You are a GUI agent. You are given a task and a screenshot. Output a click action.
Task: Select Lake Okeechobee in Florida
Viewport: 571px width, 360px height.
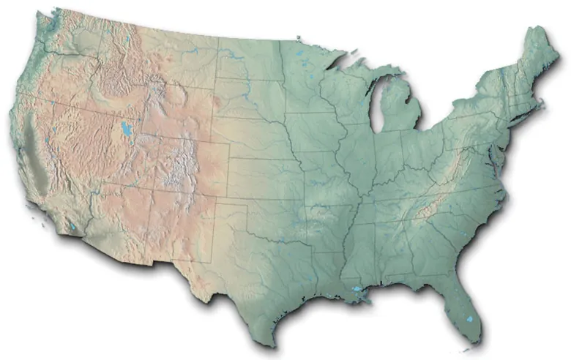point(469,320)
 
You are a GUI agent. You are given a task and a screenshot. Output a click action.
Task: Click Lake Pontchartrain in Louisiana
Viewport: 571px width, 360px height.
point(359,290)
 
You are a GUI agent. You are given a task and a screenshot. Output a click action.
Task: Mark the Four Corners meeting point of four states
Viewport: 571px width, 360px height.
point(150,192)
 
